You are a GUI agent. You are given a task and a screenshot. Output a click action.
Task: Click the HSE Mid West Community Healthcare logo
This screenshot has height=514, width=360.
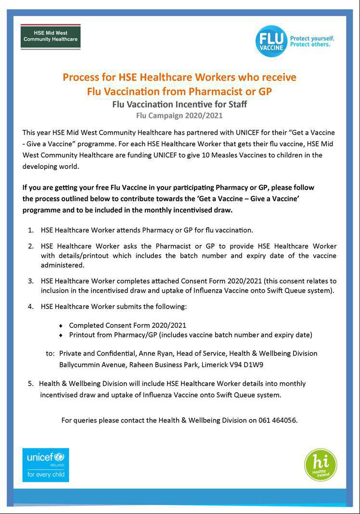(50, 37)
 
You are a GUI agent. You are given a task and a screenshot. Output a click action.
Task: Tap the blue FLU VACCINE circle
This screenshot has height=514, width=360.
(271, 41)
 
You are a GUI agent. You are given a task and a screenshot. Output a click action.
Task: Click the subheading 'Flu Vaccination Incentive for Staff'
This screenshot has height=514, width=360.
(180, 104)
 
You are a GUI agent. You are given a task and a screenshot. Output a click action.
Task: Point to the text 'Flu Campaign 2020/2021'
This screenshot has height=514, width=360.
(180, 116)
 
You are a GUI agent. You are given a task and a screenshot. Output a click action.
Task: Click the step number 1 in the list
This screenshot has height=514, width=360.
(31, 230)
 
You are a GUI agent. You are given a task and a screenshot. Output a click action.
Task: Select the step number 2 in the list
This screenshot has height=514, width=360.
(31, 246)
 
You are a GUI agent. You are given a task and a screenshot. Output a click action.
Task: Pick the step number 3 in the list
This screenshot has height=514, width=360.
(31, 281)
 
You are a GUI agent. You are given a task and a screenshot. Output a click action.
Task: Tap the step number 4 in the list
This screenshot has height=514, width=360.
(31, 306)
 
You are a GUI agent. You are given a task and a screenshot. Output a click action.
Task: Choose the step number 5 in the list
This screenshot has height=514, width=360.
(30, 384)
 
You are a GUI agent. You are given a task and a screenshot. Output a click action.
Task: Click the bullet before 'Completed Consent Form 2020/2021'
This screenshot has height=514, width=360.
(61, 326)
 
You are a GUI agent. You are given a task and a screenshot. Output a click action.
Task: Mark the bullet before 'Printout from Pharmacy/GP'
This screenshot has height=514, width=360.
(61, 335)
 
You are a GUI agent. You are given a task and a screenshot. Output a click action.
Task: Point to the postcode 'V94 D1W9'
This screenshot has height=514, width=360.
(247, 365)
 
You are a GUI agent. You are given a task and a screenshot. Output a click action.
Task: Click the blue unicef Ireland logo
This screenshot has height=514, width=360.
(46, 464)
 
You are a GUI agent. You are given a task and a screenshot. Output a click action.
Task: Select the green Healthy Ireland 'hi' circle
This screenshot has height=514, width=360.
(321, 465)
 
